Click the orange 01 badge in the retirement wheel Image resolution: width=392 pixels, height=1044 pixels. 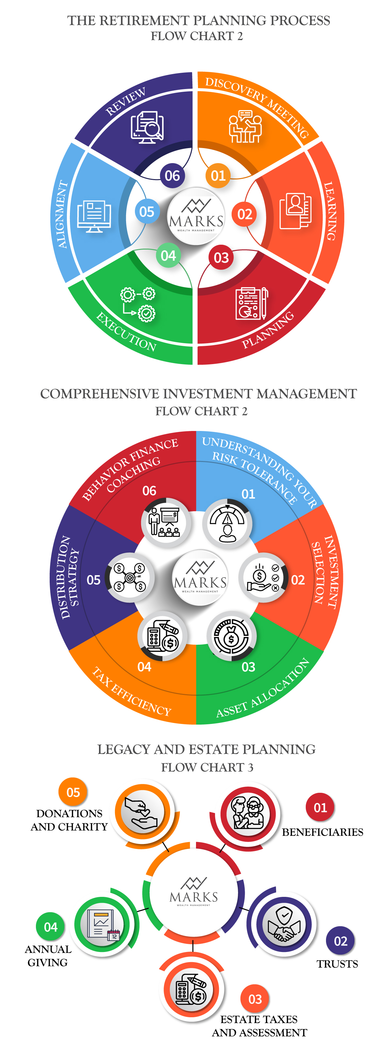coord(218,176)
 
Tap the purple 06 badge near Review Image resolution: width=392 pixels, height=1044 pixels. coord(172,176)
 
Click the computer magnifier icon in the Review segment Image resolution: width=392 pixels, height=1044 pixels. coord(147,127)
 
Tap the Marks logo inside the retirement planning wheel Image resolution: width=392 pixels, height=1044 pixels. coord(196,216)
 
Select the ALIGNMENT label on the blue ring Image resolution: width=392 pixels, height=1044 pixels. coord(62,214)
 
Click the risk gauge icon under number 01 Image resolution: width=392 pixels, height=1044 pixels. coord(227,523)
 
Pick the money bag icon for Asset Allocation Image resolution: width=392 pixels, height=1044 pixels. coord(231,636)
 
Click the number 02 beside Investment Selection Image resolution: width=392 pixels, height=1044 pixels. coord(298,580)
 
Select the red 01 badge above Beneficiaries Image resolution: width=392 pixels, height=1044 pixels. coord(320,807)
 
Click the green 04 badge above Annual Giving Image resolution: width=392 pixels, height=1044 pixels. coord(50,927)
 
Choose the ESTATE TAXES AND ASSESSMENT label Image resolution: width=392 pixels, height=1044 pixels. coord(259,1026)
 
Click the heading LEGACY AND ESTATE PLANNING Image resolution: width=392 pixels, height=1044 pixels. coord(206,749)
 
